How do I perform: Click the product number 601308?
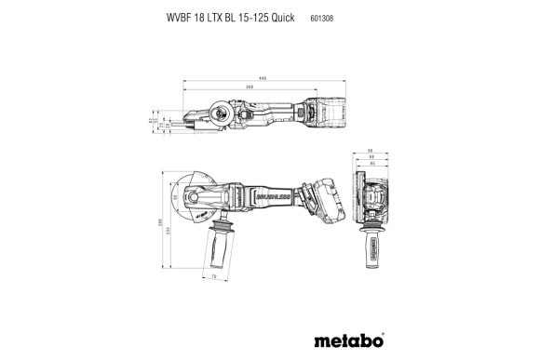tap(321, 17)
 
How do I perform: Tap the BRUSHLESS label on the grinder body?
tap(269, 198)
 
